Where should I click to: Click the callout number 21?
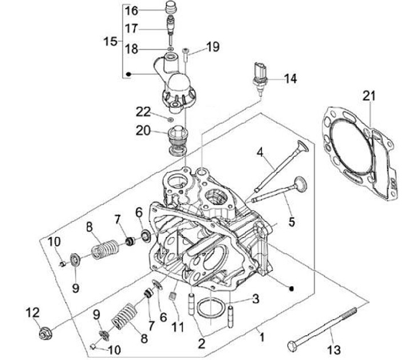(369, 96)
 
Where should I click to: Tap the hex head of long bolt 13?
(292, 346)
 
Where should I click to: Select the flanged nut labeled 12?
(46, 334)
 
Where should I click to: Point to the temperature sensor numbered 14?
(260, 78)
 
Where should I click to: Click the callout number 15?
(110, 42)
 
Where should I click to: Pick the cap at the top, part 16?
(171, 7)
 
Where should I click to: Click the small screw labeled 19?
(186, 54)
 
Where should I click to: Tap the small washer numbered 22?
(170, 120)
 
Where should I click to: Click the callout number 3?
(256, 299)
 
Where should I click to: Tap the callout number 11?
(178, 327)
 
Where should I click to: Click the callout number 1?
(262, 337)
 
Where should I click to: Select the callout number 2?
(202, 343)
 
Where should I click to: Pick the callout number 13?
(334, 350)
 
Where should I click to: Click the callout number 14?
(291, 79)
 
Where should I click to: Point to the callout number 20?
(143, 131)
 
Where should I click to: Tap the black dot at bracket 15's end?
(128, 74)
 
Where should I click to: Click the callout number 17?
(131, 29)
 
